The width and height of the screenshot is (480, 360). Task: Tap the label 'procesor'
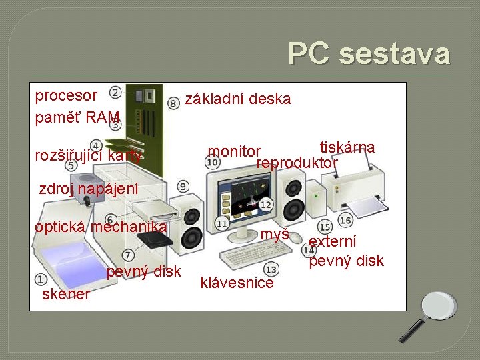pos(66,95)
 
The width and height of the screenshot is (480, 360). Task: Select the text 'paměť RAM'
pos(77,118)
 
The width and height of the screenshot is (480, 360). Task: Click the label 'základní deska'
pos(238,99)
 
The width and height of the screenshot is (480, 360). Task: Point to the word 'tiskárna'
pos(347,147)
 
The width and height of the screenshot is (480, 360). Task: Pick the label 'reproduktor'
pos(297,163)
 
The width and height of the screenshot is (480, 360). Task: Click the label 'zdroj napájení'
pos(89,189)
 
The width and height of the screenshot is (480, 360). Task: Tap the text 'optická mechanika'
pos(100,226)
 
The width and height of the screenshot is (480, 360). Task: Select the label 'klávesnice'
pos(237,283)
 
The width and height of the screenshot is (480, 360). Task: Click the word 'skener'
pos(65,294)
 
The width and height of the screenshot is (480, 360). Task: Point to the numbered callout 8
pos(173,103)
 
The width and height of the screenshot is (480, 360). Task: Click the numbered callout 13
pos(271,269)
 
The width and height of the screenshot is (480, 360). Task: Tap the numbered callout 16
pos(345,220)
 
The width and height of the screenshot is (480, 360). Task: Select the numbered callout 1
pos(41,281)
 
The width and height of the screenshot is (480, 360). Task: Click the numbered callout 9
pos(183,187)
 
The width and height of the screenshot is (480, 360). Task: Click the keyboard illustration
pos(253,255)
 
